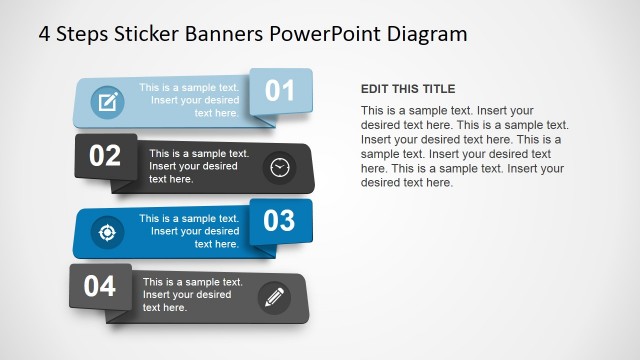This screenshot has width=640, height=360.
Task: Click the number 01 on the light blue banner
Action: coord(280,91)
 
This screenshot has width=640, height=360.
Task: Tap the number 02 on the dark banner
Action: coord(105,156)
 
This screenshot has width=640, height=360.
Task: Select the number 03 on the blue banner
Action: coord(279,220)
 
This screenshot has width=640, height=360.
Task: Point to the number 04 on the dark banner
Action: coord(100,287)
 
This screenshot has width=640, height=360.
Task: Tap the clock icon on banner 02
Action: coord(279,167)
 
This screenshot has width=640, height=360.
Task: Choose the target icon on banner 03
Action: coord(105,232)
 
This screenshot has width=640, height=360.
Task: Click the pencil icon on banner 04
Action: coord(273,296)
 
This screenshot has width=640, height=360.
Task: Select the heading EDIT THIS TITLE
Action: coord(408,89)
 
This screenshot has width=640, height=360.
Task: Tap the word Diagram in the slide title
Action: coord(428,34)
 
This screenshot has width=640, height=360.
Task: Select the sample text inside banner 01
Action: coord(189,100)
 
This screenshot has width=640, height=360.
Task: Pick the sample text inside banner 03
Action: coord(189,231)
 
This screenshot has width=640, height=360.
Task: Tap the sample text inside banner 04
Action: coord(193,295)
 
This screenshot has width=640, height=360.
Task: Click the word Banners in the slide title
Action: coord(228,34)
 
